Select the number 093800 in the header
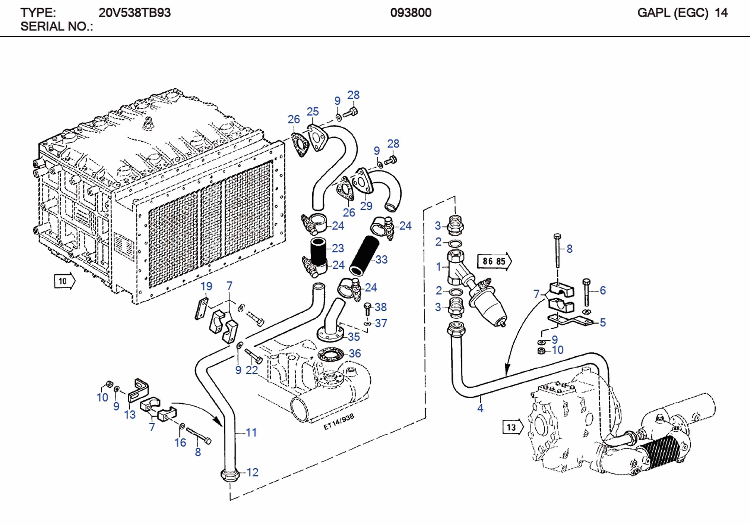tap(411, 13)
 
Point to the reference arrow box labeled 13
tap(513, 427)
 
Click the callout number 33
tap(381, 259)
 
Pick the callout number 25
tap(312, 112)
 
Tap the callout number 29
tap(366, 206)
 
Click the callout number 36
tap(355, 353)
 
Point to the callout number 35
tap(354, 337)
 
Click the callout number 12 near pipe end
tap(252, 472)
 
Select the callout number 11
tap(251, 432)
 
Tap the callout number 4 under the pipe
tap(480, 408)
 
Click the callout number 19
tap(206, 287)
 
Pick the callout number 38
tap(381, 307)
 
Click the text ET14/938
tap(338, 422)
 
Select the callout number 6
tap(603, 290)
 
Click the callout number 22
tap(251, 370)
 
